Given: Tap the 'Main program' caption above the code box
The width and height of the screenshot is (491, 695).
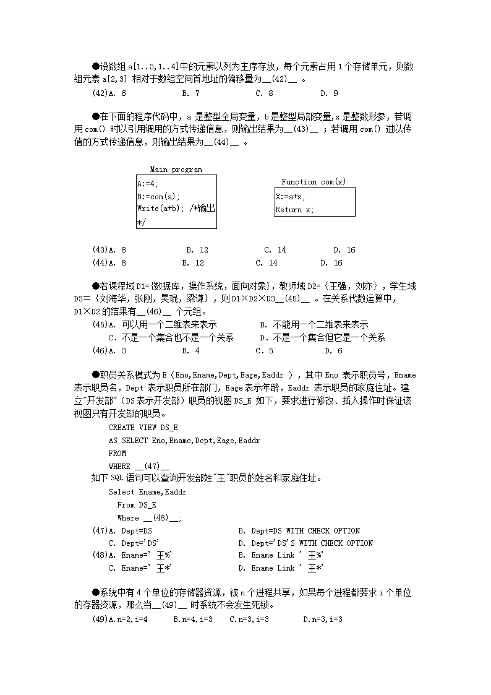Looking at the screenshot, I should pyautogui.click(x=176, y=170).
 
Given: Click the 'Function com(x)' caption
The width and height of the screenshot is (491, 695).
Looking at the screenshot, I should pyautogui.click(x=314, y=182).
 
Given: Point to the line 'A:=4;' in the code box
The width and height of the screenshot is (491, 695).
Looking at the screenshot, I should pyautogui.click(x=148, y=184).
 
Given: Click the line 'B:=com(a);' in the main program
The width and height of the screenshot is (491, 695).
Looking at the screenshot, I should pyautogui.click(x=158, y=197).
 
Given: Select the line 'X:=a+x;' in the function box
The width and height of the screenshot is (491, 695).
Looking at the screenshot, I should pyautogui.click(x=291, y=197).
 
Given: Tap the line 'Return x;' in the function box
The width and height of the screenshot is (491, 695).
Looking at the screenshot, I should pyautogui.click(x=294, y=210).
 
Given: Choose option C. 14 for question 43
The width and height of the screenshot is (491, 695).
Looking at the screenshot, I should pyautogui.click(x=275, y=250).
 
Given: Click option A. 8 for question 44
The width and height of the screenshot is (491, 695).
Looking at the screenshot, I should pyautogui.click(x=117, y=263).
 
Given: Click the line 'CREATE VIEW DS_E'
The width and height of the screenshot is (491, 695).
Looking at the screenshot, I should pyautogui.click(x=143, y=428).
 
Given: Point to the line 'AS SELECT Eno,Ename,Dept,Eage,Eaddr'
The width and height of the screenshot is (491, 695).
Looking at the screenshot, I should pyautogui.click(x=184, y=441).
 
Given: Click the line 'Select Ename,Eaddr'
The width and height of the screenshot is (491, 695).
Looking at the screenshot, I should pyautogui.click(x=147, y=492).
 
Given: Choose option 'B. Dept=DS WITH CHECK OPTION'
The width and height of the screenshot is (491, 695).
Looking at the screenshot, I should pyautogui.click(x=299, y=531).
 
